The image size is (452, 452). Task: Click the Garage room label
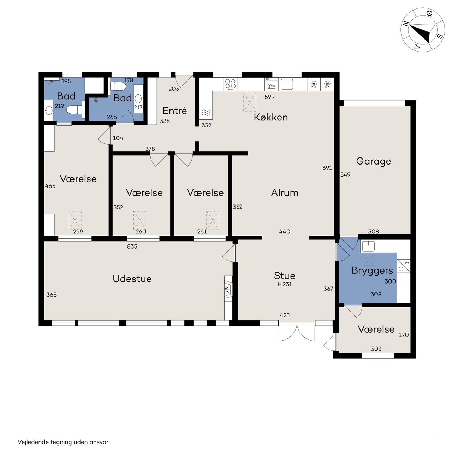coord(373,162)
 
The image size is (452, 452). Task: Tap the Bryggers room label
coord(372,271)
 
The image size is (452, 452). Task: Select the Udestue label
coord(132,279)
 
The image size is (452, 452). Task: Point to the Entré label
coord(175,111)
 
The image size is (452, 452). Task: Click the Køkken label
coord(271,117)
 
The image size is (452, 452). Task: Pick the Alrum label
coord(285,193)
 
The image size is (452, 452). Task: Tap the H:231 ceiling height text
coord(285,284)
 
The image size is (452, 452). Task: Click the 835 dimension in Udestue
coord(132,246)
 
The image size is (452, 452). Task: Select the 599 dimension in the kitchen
coord(269,97)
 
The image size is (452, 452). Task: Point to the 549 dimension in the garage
coord(345,174)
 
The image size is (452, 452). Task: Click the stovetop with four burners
coord(230,84)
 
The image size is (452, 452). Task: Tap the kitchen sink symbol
coord(287,84)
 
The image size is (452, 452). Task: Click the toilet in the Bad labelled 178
coord(118,86)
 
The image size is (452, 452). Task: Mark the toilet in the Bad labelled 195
coord(75,109)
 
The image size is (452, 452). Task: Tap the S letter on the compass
coord(440,36)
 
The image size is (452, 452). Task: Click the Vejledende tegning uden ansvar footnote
coord(63,442)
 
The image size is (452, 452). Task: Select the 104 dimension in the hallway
coord(118,138)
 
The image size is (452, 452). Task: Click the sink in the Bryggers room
coord(368,246)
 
